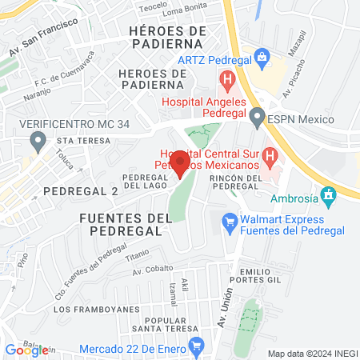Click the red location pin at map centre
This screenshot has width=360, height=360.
(x=180, y=162)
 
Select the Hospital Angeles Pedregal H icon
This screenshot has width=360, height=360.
(x=227, y=80)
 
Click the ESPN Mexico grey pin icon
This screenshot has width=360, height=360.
(x=257, y=119)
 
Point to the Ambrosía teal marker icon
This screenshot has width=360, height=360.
(x=327, y=194)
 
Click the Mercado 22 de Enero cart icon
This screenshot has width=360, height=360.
(x=196, y=346)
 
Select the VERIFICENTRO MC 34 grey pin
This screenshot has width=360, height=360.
(x=37, y=142)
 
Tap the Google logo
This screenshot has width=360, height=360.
(x=26, y=350)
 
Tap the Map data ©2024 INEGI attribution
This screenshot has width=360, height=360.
(x=312, y=354)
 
